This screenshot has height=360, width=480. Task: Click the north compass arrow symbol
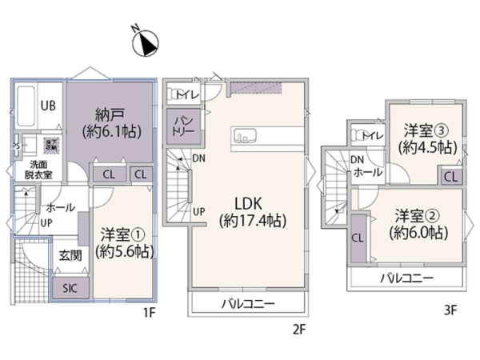(x=145, y=40)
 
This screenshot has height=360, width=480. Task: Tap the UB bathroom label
(x=48, y=105)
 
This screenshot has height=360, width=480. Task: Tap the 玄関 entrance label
(x=70, y=256)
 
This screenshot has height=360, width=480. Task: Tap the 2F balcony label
(x=248, y=304)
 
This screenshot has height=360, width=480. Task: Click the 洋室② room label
(x=419, y=224)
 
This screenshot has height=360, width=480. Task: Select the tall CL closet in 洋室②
(x=358, y=237)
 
